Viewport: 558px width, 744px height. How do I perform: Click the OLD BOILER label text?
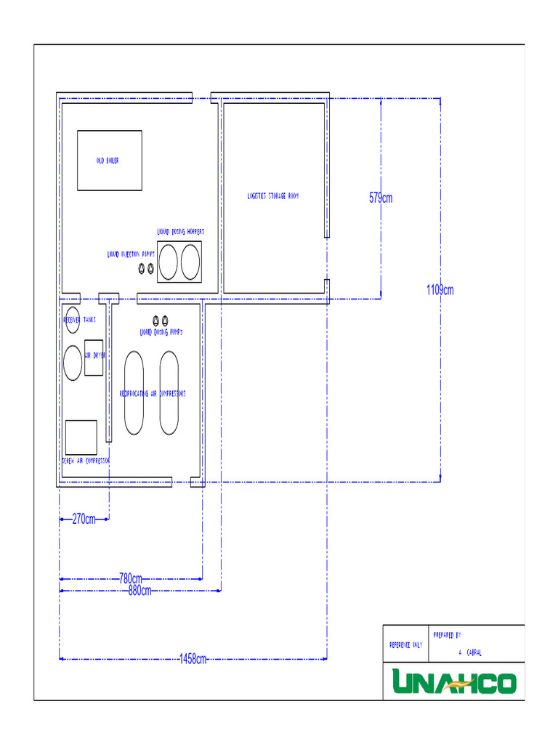click(108, 161)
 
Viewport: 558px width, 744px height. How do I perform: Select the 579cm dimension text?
click(381, 198)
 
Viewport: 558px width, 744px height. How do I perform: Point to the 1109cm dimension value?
click(440, 291)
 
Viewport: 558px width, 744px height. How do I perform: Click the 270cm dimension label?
click(84, 519)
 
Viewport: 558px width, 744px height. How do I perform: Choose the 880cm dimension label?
click(139, 591)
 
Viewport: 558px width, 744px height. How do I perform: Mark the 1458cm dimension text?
click(193, 660)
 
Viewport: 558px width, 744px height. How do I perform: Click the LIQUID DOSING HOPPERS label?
click(181, 232)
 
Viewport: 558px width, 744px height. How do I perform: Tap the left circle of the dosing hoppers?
click(169, 262)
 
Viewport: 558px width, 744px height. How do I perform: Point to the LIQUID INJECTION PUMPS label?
click(131, 255)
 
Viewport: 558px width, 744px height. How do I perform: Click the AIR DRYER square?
click(94, 357)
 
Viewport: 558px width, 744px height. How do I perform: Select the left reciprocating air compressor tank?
click(134, 393)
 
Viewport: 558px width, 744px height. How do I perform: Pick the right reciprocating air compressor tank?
click(169, 393)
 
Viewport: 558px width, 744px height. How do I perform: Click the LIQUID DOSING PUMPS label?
click(161, 332)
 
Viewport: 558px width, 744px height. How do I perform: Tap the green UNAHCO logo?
click(454, 682)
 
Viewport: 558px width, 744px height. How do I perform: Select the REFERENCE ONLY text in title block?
click(405, 644)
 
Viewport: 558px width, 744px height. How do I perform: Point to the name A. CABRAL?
click(469, 653)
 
